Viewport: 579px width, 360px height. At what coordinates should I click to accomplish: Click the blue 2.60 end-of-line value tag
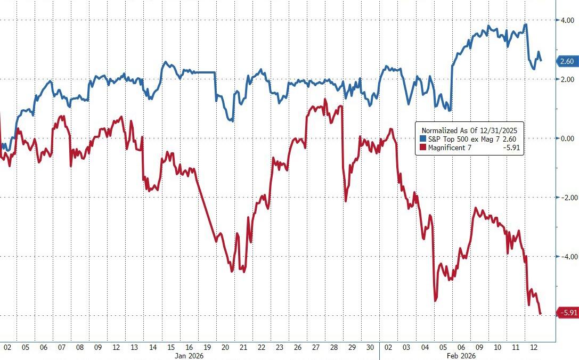coord(567,61)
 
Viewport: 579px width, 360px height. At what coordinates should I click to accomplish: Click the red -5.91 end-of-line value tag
coord(567,313)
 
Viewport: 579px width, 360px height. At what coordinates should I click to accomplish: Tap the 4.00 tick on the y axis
coord(566,20)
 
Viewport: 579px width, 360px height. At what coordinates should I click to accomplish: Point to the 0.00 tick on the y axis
coord(566,138)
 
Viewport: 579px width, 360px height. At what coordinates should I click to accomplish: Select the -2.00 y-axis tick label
coord(565,198)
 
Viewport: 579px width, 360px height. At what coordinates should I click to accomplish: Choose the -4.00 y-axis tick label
coord(565,257)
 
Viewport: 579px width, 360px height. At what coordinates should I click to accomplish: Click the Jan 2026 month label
coord(190,355)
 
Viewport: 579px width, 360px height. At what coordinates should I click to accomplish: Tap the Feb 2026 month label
coord(461,355)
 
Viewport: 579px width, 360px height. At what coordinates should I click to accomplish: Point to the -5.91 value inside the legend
coord(511,148)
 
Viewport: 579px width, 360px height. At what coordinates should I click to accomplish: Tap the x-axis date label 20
coord(224,347)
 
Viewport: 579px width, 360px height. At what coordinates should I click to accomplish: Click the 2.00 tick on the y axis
coord(566,79)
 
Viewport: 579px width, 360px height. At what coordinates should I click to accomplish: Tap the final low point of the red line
coord(541,314)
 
